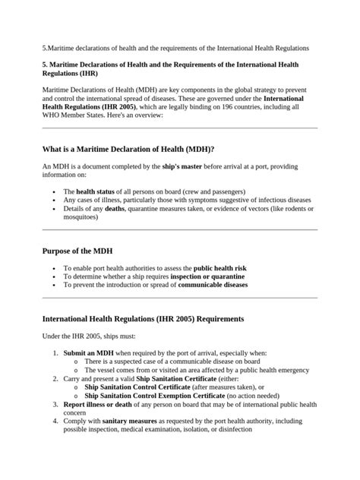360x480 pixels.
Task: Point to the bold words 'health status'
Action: pos(96,191)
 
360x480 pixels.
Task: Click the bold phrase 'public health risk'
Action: pos(219,268)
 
